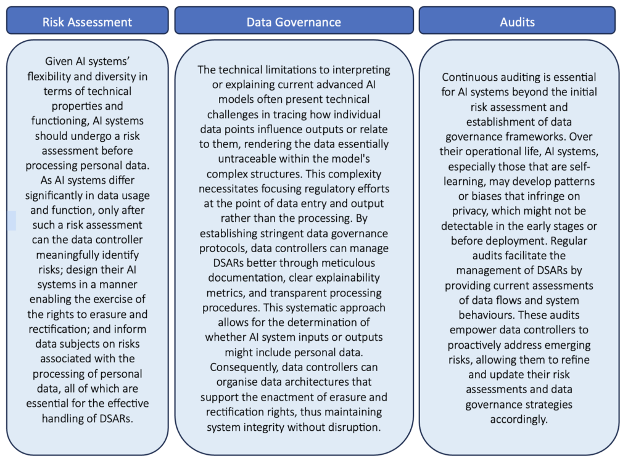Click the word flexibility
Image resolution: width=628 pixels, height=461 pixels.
click(x=51, y=76)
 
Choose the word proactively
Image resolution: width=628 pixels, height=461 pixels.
click(x=473, y=345)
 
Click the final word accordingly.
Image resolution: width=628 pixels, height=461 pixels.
click(x=519, y=420)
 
